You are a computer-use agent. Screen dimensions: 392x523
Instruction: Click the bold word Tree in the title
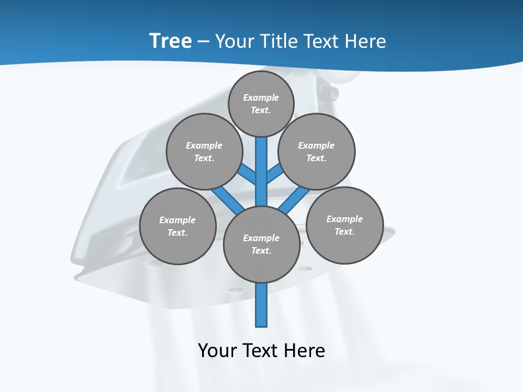click(171, 41)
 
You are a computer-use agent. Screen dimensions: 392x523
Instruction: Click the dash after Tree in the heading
click(203, 42)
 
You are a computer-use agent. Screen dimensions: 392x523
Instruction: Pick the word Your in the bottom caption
click(217, 351)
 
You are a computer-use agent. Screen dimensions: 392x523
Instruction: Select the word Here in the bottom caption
click(305, 351)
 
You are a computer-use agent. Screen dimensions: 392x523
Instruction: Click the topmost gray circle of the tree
click(261, 104)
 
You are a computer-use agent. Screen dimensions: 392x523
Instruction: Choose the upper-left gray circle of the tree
click(204, 152)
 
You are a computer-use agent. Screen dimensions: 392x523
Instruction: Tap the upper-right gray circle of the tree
click(317, 152)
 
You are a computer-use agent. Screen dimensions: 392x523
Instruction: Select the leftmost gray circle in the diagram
click(178, 226)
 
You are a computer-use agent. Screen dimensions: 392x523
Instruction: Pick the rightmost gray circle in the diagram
click(344, 225)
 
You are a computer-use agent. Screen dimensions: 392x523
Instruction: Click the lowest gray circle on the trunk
click(261, 244)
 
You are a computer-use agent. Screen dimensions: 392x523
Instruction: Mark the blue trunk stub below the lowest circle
click(261, 305)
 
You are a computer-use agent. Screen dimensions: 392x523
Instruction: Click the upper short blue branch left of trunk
click(248, 174)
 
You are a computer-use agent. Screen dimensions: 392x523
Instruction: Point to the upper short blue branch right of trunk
click(275, 174)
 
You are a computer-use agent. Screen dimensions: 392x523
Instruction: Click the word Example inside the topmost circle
click(261, 98)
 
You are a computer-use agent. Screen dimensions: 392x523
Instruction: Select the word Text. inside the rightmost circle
click(344, 232)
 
